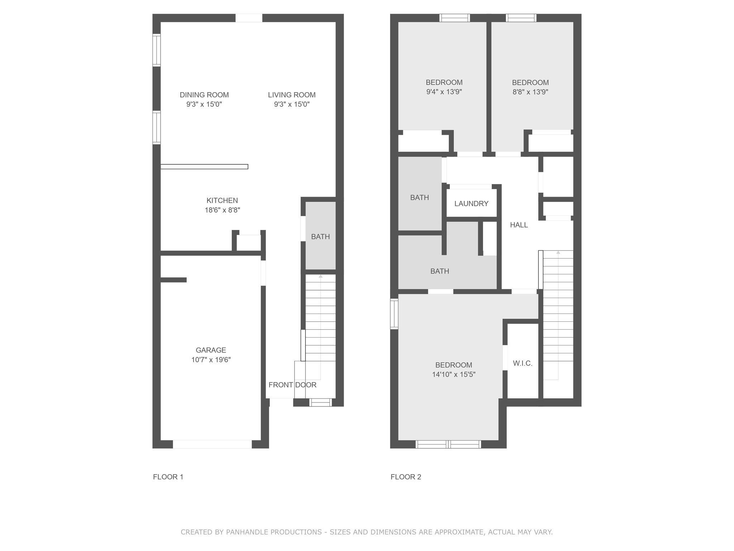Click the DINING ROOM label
(x=204, y=95)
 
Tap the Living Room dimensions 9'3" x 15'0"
(x=291, y=104)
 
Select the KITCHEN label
(x=222, y=201)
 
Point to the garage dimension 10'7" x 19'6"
(x=211, y=360)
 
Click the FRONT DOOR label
(x=292, y=385)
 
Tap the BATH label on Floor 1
(x=320, y=237)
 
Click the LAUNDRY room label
(x=471, y=204)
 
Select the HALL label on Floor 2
(x=519, y=225)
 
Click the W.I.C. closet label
(x=522, y=363)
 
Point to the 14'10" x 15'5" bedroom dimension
(x=453, y=375)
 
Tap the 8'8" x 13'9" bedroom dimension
(x=530, y=92)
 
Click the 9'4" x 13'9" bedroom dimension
(x=444, y=92)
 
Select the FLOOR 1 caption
(x=168, y=477)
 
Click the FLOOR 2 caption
(x=406, y=477)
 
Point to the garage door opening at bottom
(x=212, y=444)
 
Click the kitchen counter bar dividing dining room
(x=204, y=166)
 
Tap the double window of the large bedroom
(x=448, y=444)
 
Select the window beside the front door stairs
(x=320, y=402)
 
